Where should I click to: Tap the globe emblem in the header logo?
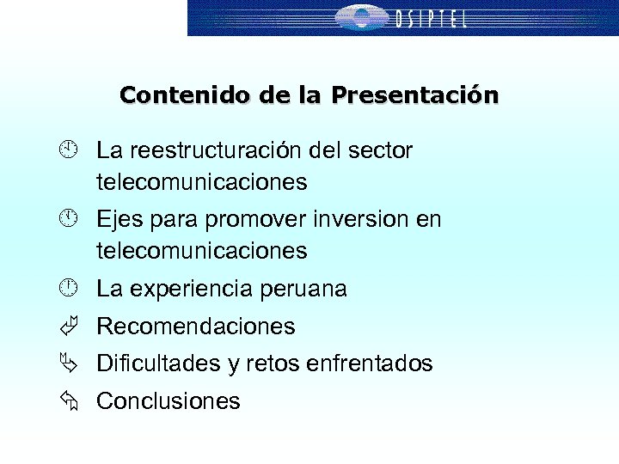(x=361, y=17)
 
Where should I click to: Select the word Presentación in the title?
(x=415, y=95)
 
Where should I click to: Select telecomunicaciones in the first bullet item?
(x=201, y=182)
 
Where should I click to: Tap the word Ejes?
(x=120, y=220)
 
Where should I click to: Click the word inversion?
(x=353, y=220)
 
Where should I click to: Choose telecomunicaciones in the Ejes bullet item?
(x=201, y=251)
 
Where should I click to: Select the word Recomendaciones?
(x=196, y=327)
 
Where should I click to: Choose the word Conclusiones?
(x=169, y=401)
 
